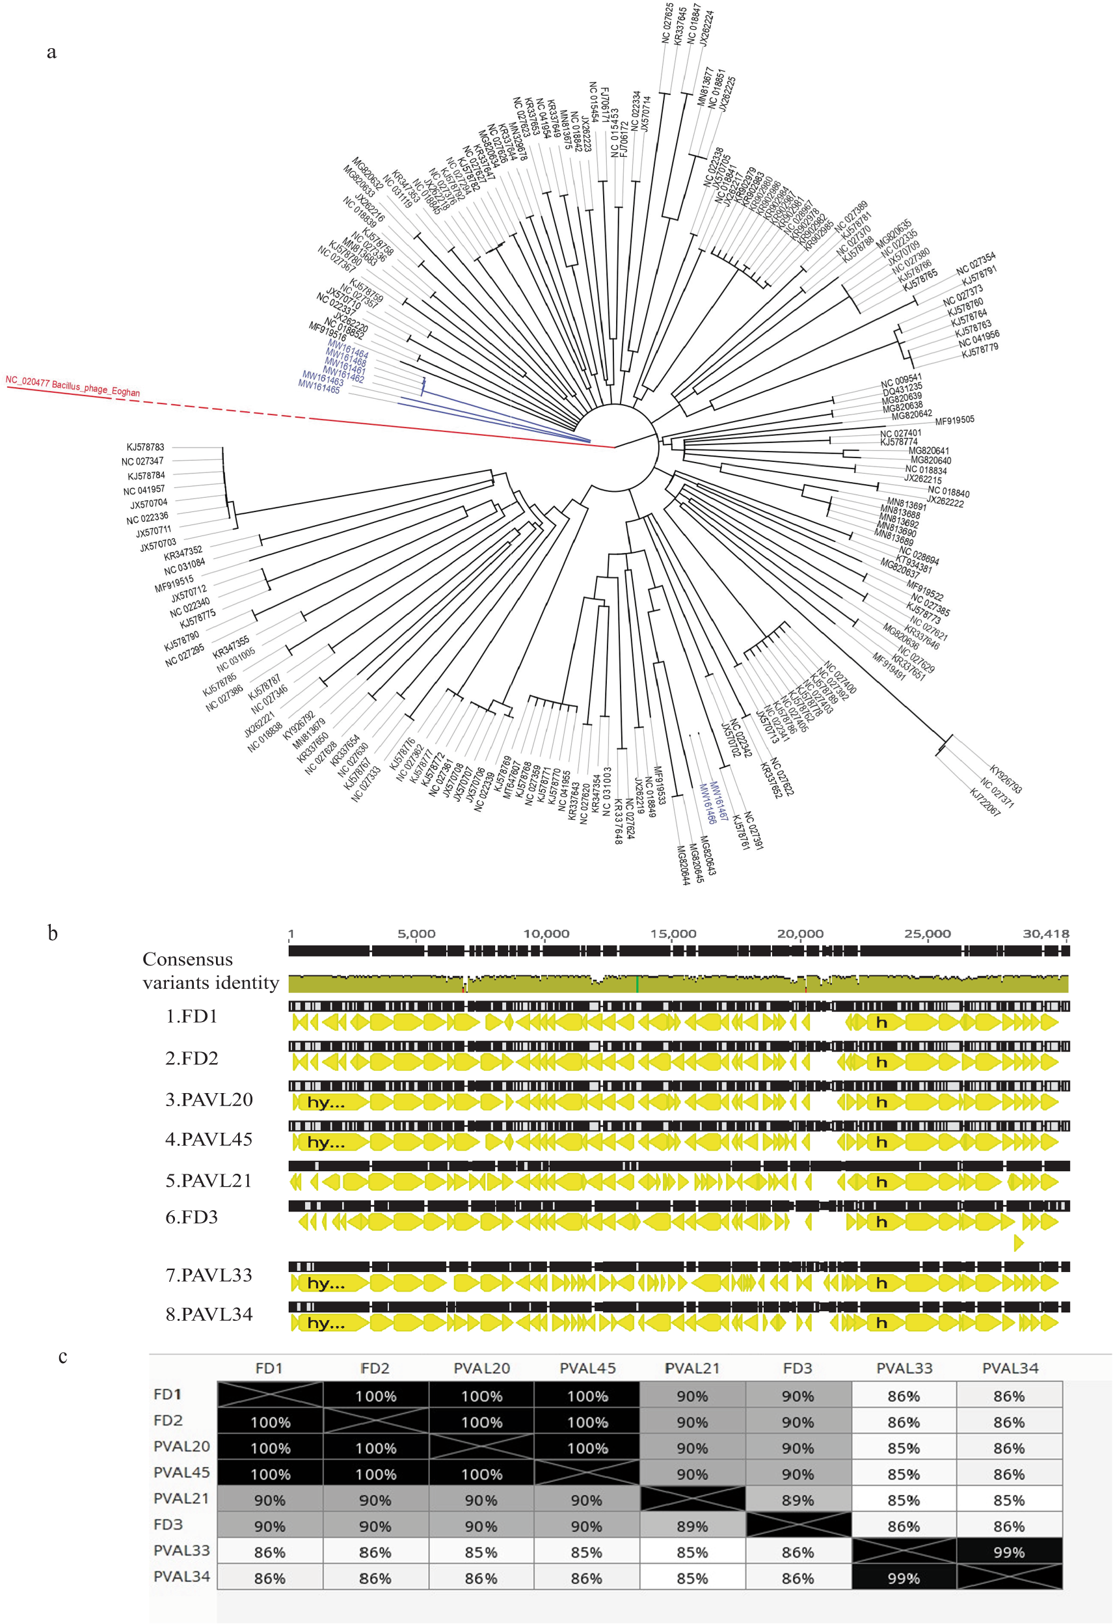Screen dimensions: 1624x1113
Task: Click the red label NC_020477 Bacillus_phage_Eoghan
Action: [x=73, y=386]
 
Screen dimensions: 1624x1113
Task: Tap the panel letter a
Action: [x=51, y=53]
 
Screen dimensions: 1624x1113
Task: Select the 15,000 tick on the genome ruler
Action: [x=673, y=934]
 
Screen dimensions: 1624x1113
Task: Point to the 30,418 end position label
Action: [x=1046, y=934]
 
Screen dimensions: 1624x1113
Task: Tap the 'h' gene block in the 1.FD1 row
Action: [x=881, y=1022]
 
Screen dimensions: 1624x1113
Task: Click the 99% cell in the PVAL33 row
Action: [x=1009, y=1552]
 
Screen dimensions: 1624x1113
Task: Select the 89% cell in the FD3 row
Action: [x=691, y=1526]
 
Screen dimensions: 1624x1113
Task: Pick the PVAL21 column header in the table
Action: [x=691, y=1368]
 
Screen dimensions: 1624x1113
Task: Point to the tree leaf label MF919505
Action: [x=954, y=420]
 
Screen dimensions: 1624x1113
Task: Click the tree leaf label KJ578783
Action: [x=145, y=447]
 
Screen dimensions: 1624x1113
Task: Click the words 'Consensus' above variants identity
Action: [x=187, y=960]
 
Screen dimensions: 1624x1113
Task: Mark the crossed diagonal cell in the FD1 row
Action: [x=270, y=1395]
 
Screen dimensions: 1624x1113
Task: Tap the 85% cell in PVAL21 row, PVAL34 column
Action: [x=1009, y=1500]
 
